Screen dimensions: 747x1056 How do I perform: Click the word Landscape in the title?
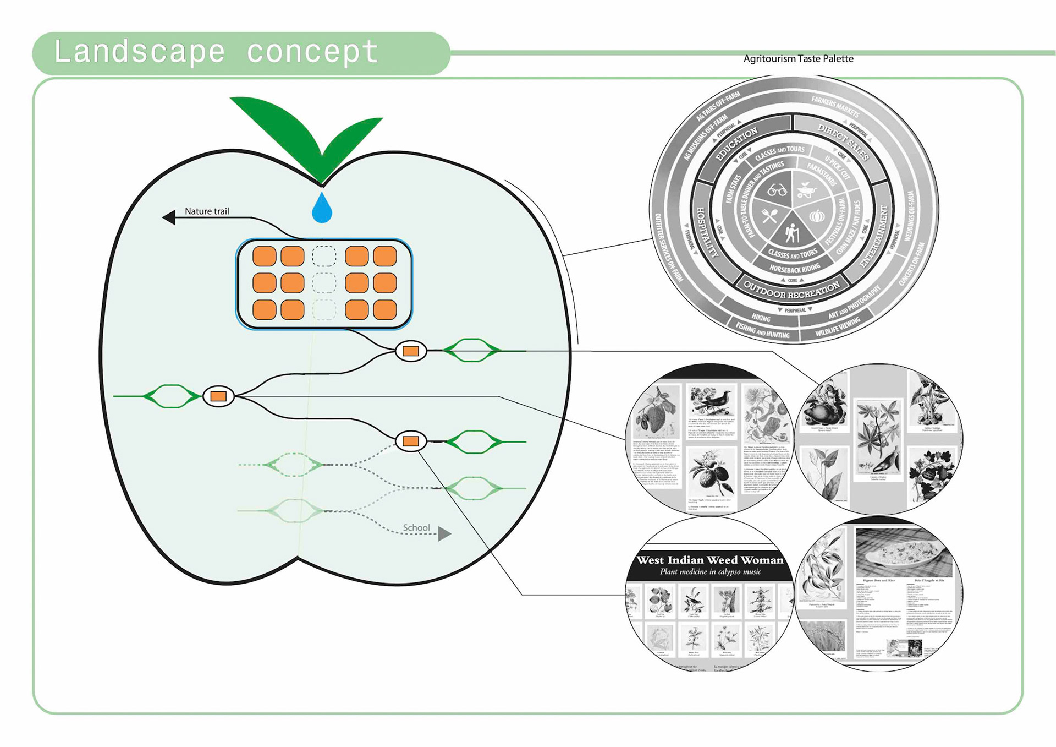tap(140, 52)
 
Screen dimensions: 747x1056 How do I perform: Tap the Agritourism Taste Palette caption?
tap(798, 59)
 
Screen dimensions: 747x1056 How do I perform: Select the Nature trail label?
tap(207, 211)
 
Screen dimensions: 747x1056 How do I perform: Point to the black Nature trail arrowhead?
tap(169, 217)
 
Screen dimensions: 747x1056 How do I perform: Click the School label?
tap(416, 528)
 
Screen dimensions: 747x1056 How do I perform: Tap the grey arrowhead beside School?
tap(444, 533)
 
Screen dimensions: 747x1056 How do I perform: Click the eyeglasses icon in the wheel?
tap(777, 191)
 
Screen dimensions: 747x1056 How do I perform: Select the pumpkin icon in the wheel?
tap(817, 216)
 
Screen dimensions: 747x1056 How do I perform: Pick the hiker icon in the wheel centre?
tap(791, 233)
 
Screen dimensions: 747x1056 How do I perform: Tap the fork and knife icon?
tap(769, 216)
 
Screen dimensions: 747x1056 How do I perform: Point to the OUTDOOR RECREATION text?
tap(791, 290)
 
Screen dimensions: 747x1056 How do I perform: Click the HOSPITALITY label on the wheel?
tap(707, 232)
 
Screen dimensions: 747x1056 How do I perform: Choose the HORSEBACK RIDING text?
tap(794, 269)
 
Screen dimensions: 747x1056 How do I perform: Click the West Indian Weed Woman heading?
tap(710, 560)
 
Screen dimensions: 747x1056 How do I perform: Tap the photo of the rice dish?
tap(903, 552)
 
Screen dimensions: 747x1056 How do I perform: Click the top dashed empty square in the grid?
tap(324, 257)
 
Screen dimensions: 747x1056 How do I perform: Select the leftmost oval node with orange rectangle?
tap(218, 396)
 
